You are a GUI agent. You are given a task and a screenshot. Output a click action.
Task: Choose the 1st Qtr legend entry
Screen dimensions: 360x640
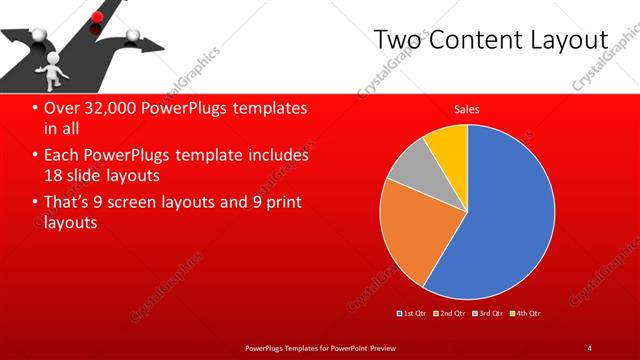pyautogui.click(x=412, y=313)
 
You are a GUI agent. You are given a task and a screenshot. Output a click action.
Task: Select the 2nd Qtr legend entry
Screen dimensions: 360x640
pyautogui.click(x=449, y=313)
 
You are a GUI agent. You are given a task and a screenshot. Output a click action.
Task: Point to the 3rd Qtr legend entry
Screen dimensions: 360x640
pyautogui.click(x=486, y=313)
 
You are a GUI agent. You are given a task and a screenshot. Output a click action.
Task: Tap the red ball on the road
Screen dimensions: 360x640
pyautogui.click(x=97, y=16)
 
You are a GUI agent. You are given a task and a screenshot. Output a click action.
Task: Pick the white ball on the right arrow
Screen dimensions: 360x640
pyautogui.click(x=134, y=38)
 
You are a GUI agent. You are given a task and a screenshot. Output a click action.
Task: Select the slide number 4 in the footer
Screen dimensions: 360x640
pyautogui.click(x=589, y=347)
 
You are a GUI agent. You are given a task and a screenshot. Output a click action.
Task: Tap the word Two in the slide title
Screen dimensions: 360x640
pyautogui.click(x=393, y=40)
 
